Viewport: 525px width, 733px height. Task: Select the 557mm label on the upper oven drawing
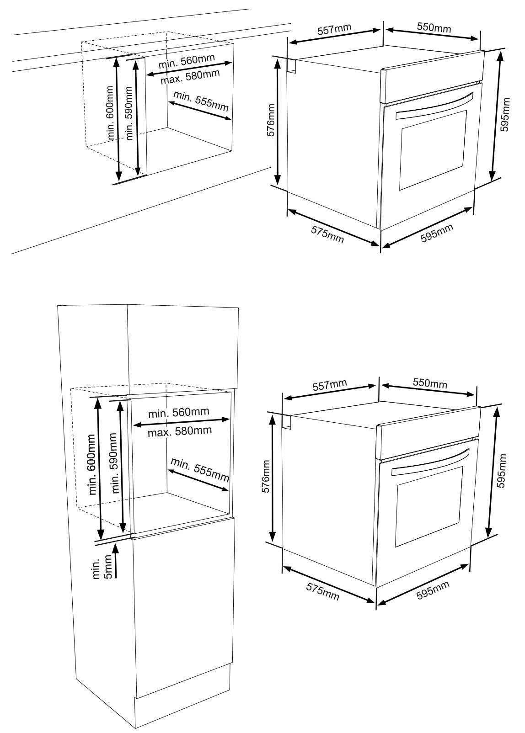[x=334, y=29]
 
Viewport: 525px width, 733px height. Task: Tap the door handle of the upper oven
[x=434, y=106]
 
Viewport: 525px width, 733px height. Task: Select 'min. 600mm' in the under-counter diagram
[x=110, y=113]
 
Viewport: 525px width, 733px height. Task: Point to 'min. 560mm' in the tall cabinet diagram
[x=178, y=412]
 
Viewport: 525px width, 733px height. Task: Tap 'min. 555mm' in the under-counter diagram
[x=201, y=101]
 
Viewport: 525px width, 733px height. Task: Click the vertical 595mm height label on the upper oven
[x=505, y=115]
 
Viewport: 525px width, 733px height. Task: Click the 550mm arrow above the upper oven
[x=432, y=34]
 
